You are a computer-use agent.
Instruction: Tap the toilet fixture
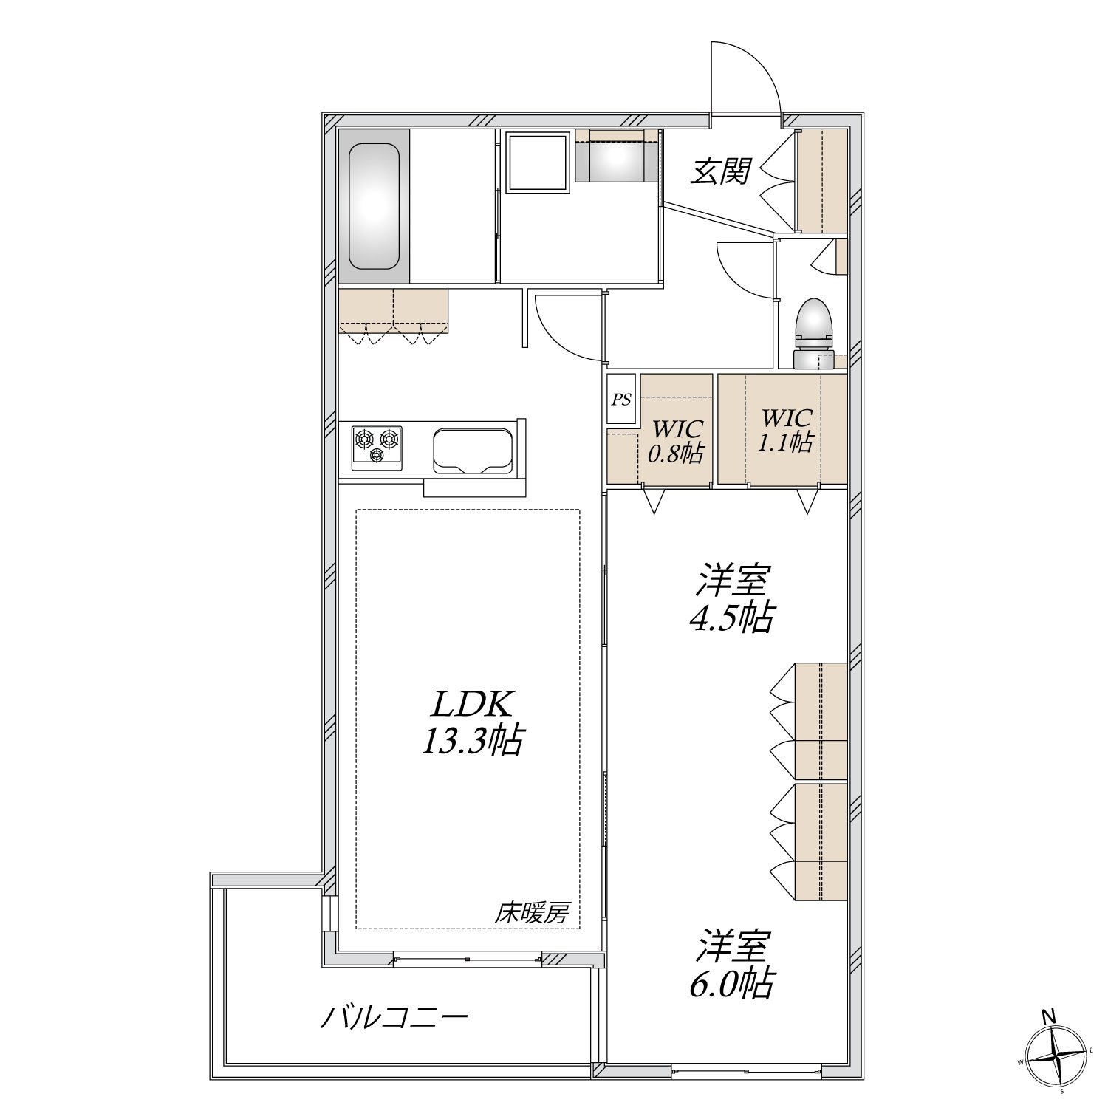[x=813, y=332]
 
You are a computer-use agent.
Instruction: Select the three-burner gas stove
[x=377, y=448]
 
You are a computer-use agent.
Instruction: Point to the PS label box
[x=621, y=399]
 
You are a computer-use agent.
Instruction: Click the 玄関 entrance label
[x=721, y=171]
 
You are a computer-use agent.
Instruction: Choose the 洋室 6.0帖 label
[x=731, y=964]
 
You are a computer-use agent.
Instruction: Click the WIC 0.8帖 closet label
[x=675, y=441]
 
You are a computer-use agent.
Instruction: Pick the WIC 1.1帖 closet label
[x=787, y=430]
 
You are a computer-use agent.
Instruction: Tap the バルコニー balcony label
[x=394, y=1019]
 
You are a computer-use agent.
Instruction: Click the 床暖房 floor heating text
[x=531, y=914]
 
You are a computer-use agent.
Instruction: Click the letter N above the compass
[x=1048, y=1017]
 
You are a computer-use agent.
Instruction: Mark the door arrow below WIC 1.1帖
[x=807, y=499]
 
